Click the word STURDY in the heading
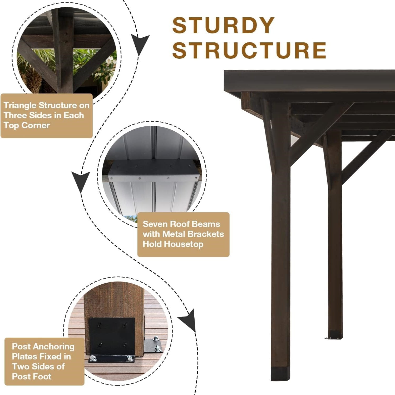(x=223, y=25)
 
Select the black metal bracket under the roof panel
(x=154, y=170)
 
